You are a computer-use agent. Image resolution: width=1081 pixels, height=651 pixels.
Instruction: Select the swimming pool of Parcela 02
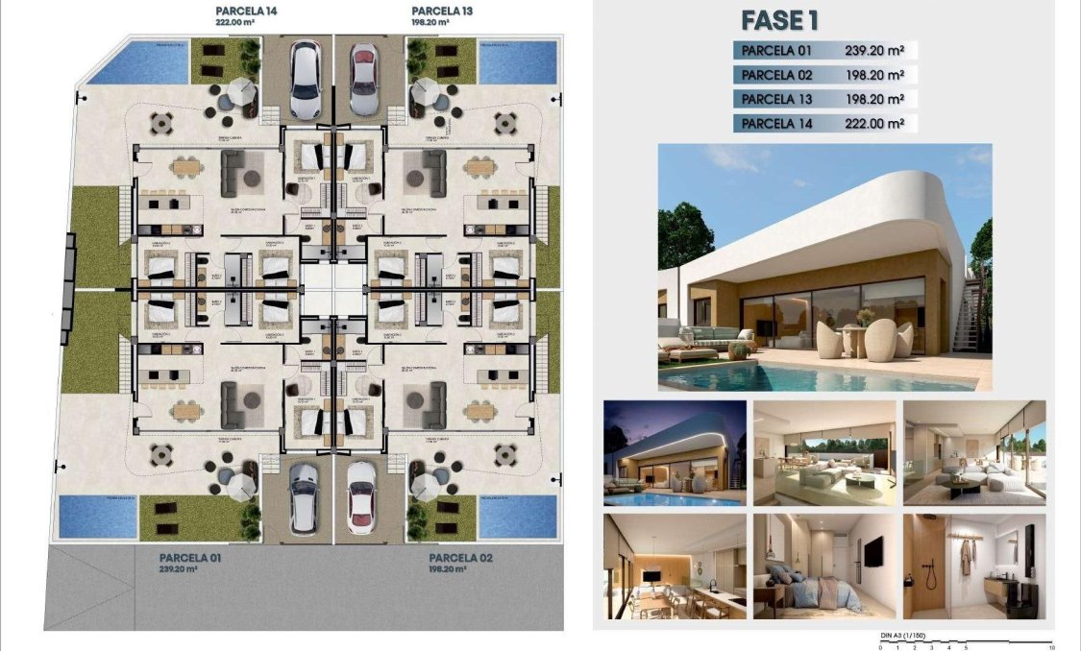pyautogui.click(x=517, y=515)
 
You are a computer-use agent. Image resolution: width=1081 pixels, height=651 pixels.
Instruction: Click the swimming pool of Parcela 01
pyautogui.click(x=98, y=516)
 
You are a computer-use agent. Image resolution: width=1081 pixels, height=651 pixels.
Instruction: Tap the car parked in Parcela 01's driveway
pyautogui.click(x=304, y=498)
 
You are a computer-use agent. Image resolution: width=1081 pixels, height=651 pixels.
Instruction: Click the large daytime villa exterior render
pyautogui.click(x=824, y=267)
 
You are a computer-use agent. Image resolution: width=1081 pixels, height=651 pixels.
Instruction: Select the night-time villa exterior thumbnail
pyautogui.click(x=675, y=452)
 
